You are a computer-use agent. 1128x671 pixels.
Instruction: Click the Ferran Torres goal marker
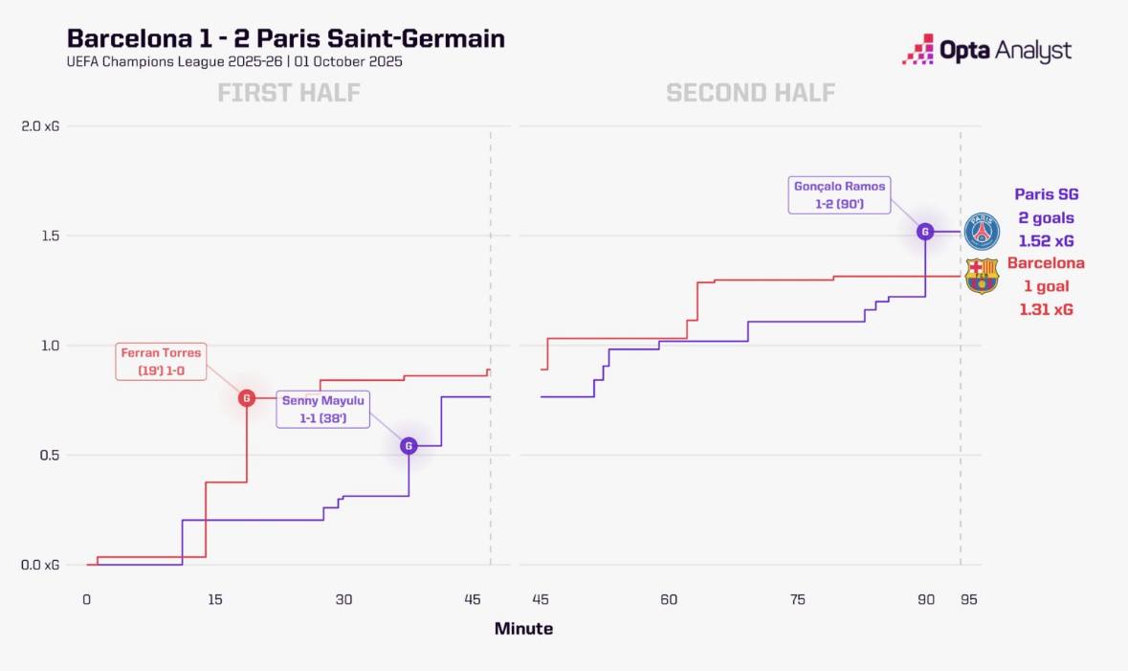[x=247, y=397]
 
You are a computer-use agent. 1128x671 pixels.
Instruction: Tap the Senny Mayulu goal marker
[x=409, y=445]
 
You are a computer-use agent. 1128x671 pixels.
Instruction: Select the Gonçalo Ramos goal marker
[x=925, y=231]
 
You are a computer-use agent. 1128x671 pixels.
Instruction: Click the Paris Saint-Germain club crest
[x=982, y=233]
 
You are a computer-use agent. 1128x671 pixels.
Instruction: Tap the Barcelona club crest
[x=982, y=276]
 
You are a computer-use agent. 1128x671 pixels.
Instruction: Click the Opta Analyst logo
[x=986, y=50]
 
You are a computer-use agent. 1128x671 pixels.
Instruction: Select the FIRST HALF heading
[x=288, y=93]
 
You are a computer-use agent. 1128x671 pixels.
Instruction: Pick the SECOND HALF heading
[x=750, y=93]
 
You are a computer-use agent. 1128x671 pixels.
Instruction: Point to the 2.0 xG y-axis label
[x=40, y=126]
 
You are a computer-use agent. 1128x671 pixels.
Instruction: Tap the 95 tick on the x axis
[x=968, y=600]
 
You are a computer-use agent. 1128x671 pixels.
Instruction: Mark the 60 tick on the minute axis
[x=668, y=600]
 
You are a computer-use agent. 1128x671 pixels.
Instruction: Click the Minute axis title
[x=523, y=629]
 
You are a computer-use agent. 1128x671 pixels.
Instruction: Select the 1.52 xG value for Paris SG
[x=1046, y=241]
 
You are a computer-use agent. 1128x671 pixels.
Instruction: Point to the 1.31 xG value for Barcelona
[x=1046, y=309]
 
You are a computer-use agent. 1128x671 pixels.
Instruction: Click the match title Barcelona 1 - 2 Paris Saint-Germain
[x=285, y=38]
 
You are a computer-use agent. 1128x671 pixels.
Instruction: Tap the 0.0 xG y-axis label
[x=40, y=566]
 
